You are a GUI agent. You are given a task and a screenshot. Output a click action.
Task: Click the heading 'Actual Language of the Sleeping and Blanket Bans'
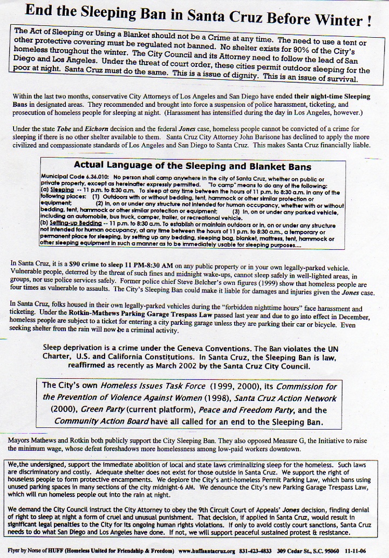[193, 166]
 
